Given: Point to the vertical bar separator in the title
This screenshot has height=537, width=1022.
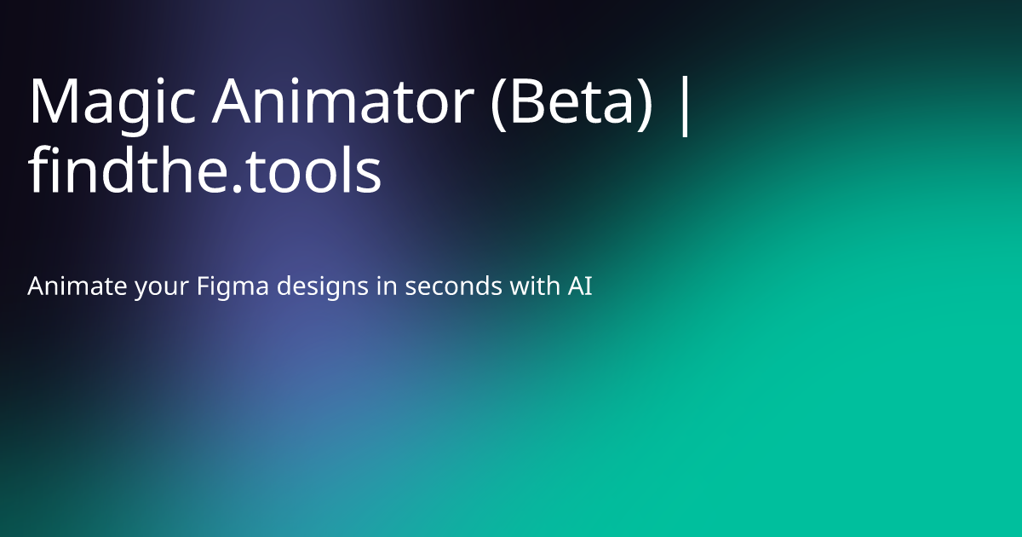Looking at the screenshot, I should (686, 105).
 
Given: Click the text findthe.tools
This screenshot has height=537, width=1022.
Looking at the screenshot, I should (204, 171).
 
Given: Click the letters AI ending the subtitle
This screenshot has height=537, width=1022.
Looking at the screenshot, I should (580, 287).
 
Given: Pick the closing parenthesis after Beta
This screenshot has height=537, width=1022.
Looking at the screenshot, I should (649, 104).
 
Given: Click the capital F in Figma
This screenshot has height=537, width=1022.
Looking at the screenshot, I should (203, 287).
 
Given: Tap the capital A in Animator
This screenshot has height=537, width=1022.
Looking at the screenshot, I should (235, 101).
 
